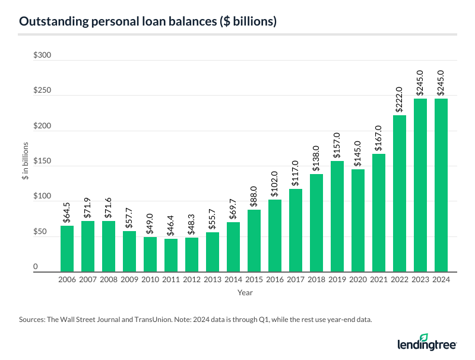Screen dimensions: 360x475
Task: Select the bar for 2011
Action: [x=171, y=255]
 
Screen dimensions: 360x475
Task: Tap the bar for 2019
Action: [x=337, y=216]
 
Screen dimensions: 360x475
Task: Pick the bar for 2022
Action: [x=400, y=193]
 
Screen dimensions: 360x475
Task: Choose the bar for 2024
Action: [x=441, y=185]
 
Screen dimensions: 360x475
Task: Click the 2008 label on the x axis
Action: [x=109, y=279]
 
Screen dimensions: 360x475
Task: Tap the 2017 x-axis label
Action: [x=296, y=279]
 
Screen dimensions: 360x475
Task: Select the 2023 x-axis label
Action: [x=420, y=279]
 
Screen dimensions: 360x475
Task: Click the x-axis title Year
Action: [x=245, y=292]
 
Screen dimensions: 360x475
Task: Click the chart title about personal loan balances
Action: [x=147, y=21]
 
